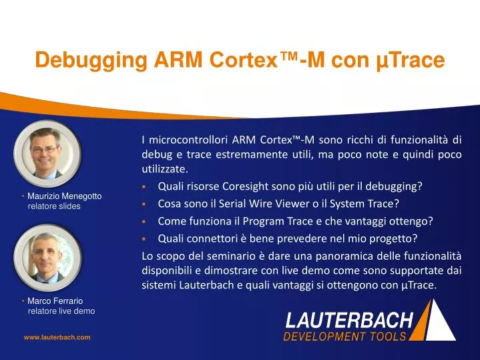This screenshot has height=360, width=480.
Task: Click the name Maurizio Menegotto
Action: (64, 196)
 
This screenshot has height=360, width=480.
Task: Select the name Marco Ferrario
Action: (55, 301)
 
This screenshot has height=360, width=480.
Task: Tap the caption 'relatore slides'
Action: (53, 206)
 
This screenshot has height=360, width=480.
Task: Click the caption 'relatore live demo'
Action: (61, 311)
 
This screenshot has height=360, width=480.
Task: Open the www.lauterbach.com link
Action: (57, 338)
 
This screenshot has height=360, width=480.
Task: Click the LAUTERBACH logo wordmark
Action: (349, 320)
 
